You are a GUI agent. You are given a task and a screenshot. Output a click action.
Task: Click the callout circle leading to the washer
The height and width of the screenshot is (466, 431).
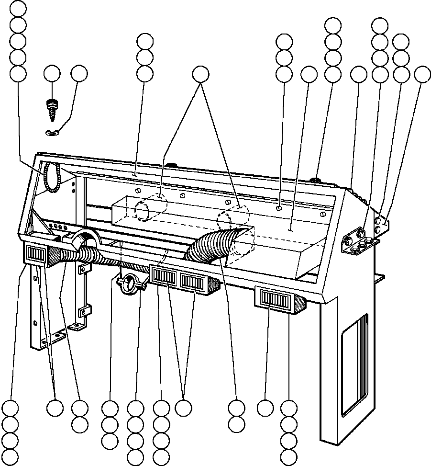point(79,74)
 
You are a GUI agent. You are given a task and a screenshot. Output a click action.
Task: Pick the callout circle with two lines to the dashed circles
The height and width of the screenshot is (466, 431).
point(201,74)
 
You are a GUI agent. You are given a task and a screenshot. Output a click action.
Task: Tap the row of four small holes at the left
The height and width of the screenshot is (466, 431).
point(59,227)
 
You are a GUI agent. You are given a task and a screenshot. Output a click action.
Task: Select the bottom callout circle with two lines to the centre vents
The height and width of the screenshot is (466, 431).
point(183,408)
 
